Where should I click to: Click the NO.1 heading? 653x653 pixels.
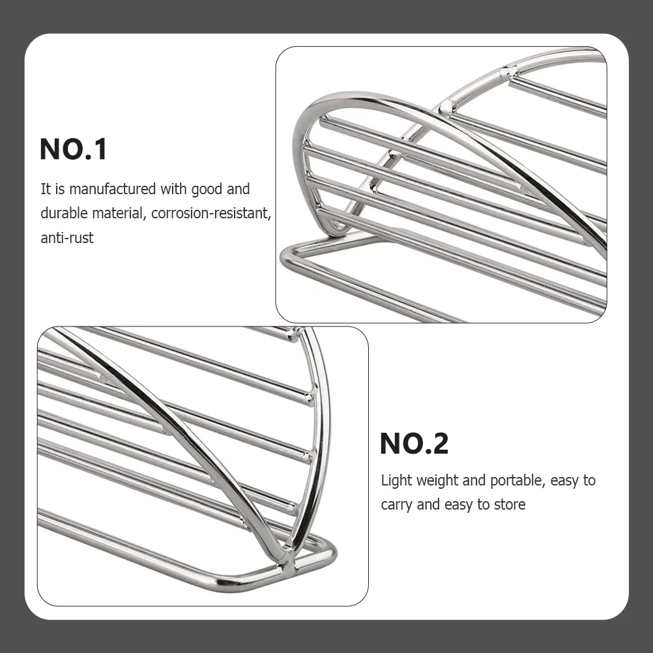73,149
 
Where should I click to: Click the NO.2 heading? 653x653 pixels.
414,444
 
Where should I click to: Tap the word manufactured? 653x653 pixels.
113,189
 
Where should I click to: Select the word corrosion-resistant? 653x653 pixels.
211,213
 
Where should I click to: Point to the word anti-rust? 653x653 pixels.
67,238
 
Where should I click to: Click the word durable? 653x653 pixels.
64,213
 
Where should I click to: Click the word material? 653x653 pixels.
119,213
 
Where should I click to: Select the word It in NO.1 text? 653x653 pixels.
45,189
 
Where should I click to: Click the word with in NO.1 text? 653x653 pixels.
173,189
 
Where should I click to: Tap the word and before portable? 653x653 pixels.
474,480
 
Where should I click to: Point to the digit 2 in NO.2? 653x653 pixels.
439,444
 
